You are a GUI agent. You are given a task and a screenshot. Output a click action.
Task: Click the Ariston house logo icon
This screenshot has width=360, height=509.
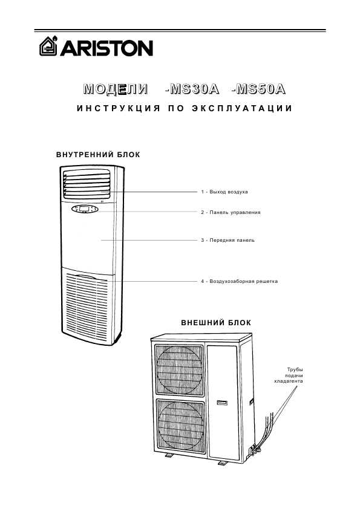click(x=48, y=46)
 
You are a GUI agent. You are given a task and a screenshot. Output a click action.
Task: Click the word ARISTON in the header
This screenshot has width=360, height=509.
click(x=106, y=48)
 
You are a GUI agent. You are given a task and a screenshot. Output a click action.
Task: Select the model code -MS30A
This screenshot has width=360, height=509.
click(x=192, y=89)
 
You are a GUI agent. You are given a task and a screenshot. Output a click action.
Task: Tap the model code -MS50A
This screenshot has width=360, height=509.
click(x=258, y=89)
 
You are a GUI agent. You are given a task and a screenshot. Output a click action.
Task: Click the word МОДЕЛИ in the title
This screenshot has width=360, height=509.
click(x=116, y=89)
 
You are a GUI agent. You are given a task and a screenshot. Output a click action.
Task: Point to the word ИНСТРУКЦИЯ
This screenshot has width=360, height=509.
click(x=119, y=108)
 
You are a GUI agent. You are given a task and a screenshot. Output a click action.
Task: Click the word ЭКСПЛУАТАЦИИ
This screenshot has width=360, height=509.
click(x=242, y=108)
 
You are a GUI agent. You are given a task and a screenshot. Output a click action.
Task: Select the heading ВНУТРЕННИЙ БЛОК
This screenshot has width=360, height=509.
click(x=98, y=155)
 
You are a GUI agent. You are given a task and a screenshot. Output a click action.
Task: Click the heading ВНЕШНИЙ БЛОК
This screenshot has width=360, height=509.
click(x=216, y=323)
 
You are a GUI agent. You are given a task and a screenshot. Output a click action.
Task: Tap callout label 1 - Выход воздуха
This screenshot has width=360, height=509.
click(x=224, y=192)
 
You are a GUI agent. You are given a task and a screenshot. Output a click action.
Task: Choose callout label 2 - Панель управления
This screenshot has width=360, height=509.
click(x=231, y=212)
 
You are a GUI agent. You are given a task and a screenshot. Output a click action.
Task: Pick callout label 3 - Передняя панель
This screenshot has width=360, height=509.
click(x=227, y=240)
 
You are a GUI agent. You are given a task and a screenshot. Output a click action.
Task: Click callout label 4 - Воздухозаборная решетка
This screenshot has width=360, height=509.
click(x=239, y=281)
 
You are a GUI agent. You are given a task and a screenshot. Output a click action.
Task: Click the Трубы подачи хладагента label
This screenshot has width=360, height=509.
click(x=289, y=375)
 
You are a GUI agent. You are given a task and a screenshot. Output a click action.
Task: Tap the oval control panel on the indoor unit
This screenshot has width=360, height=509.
click(x=85, y=209)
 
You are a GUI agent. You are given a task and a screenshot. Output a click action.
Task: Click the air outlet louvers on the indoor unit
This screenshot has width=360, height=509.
click(x=87, y=184)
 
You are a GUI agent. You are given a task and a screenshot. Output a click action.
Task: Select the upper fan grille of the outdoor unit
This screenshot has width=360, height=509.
click(x=179, y=371)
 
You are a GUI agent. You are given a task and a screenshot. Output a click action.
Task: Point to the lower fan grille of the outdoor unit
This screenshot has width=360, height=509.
click(x=180, y=426)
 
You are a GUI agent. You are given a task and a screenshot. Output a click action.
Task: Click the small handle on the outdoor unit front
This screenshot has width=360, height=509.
click(x=222, y=403)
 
